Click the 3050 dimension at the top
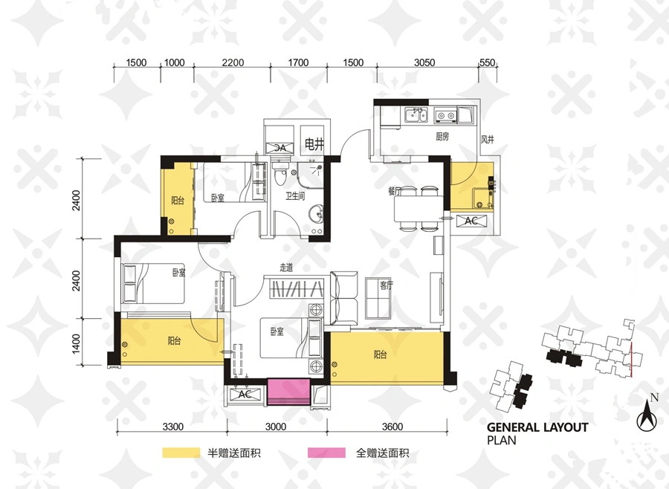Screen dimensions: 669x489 pos(424,62)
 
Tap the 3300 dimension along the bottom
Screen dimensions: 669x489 pos(172,427)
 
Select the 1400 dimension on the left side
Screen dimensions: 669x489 pos(76,343)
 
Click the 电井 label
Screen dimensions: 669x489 pos(314,145)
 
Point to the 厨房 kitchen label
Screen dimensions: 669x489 pos(442,137)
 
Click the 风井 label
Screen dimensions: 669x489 pos(487,139)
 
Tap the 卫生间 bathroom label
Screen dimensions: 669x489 pos(295,196)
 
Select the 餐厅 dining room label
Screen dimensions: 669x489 pos(394,191)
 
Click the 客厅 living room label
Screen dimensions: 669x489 pos(386,285)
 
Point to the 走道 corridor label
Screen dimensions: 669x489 pos(286,268)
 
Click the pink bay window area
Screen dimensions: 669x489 pos(288,392)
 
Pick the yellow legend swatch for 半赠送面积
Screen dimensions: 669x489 pos(181,453)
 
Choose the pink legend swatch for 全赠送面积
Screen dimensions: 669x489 pos(326,453)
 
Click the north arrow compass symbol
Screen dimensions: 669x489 pos(647,415)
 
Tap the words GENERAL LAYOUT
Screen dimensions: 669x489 pos(537,427)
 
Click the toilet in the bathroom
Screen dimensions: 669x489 pos(279,175)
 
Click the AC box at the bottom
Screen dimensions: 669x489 pos(245,395)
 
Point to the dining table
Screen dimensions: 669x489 pos(418,209)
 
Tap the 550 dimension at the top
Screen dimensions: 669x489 pos(487,62)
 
